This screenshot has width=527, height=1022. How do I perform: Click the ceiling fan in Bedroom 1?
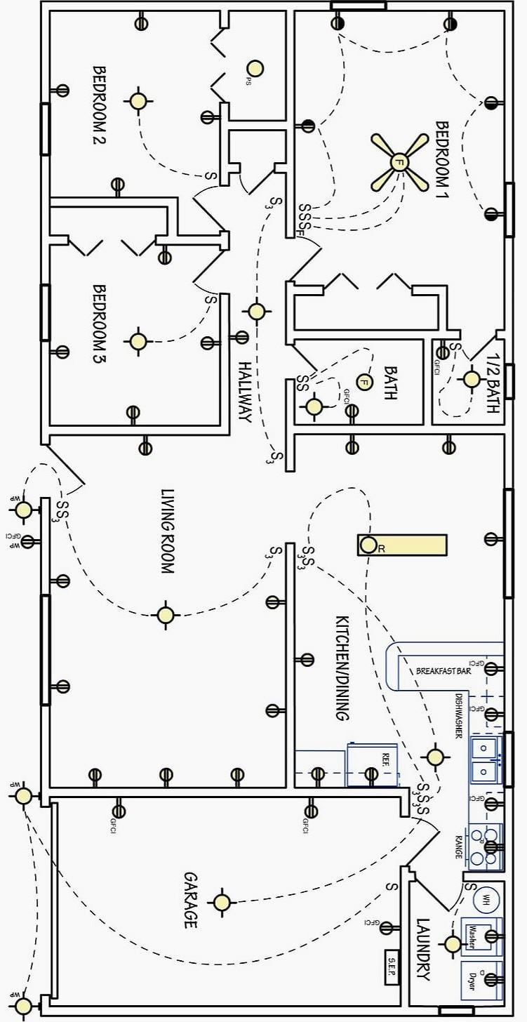click(x=399, y=162)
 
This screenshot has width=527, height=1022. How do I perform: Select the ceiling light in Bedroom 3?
click(x=138, y=341)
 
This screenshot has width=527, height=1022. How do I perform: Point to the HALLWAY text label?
click(x=244, y=392)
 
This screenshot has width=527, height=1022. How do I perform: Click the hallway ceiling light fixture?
click(x=256, y=311)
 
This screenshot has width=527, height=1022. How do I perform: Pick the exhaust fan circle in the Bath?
click(x=363, y=382)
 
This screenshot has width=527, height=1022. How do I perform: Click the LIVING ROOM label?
click(x=167, y=532)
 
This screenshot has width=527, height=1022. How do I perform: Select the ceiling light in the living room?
click(x=166, y=615)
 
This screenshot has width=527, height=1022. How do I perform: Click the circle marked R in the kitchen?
click(x=368, y=545)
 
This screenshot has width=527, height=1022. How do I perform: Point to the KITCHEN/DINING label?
click(x=342, y=668)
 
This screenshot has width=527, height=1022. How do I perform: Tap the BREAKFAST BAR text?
click(x=443, y=671)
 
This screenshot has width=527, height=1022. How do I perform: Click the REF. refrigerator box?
click(x=373, y=764)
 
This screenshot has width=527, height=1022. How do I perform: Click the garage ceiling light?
click(x=222, y=903)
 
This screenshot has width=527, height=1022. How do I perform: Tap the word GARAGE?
click(x=190, y=900)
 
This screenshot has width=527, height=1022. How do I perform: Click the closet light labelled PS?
click(x=254, y=68)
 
